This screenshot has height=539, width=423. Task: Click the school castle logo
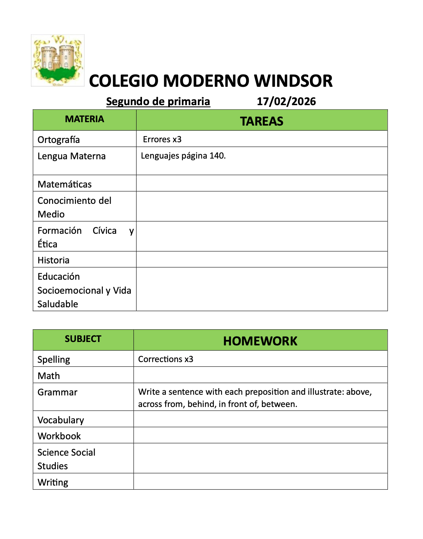(58, 60)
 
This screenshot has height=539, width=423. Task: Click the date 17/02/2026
(286, 101)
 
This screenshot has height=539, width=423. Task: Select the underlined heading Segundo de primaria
(158, 101)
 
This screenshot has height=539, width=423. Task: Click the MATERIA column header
(84, 119)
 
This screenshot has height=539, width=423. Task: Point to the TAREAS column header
(262, 121)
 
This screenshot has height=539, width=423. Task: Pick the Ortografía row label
(59, 140)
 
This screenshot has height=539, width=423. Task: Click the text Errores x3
(162, 139)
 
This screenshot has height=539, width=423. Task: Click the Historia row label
(53, 260)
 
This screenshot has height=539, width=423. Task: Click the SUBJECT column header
(83, 339)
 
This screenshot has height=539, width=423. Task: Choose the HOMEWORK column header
(260, 341)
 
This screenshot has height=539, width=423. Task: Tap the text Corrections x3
(166, 359)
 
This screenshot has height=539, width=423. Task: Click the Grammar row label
(57, 392)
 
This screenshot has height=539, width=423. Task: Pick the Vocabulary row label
(61, 420)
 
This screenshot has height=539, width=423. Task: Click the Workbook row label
(59, 436)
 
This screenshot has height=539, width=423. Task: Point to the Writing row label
(53, 482)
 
